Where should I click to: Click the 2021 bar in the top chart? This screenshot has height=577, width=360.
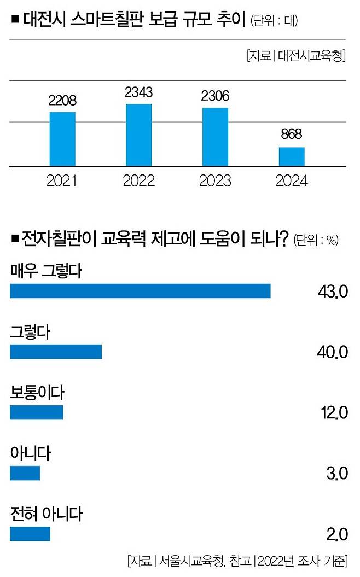[x=62, y=139]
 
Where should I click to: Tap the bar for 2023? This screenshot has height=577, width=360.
[x=215, y=137]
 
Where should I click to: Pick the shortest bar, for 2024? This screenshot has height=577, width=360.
[x=292, y=156]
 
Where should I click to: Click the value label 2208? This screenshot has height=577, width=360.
[x=62, y=101]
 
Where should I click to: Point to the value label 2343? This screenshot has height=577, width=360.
[x=138, y=92]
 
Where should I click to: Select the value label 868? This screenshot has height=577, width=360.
[x=292, y=135]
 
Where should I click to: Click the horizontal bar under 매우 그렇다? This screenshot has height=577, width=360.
[x=140, y=291]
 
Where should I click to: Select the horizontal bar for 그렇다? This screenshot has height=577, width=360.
[x=56, y=352]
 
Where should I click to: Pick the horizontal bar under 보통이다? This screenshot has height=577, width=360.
[x=37, y=412]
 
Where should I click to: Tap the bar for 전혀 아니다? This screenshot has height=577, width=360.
[x=30, y=534]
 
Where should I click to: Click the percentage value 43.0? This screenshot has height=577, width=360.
[x=333, y=292]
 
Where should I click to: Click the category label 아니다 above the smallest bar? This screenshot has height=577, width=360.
[x=31, y=454]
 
